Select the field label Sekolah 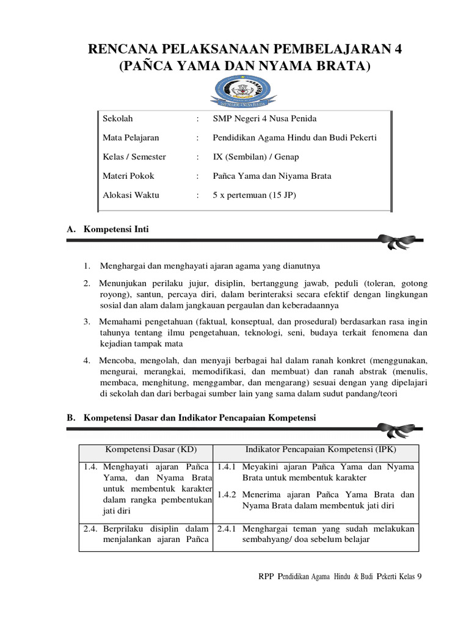(117, 118)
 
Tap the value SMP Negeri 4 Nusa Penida (264, 118)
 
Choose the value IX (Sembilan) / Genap (255, 156)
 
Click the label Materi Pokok (128, 176)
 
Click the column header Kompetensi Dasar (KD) (145, 450)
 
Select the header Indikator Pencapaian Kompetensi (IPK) (315, 450)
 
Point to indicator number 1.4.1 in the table (228, 467)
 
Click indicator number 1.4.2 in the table (228, 494)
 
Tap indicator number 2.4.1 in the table (228, 529)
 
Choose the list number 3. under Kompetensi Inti (87, 321)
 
